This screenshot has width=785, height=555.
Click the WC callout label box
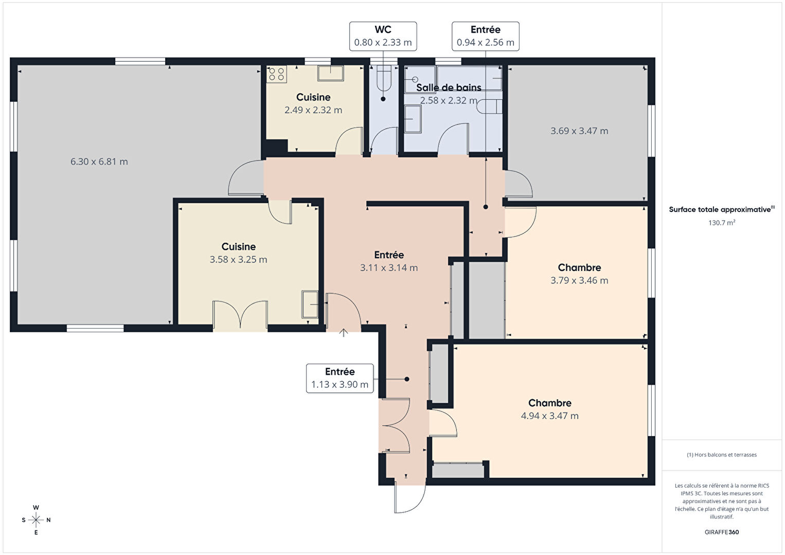click(383, 37)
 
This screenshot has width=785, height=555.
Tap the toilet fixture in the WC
click(383, 78)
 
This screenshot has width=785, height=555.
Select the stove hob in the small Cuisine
click(277, 74)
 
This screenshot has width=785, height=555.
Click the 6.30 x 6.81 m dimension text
click(99, 162)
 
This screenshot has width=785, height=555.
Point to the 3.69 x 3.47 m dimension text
click(579, 131)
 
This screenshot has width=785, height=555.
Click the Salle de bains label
click(449, 87)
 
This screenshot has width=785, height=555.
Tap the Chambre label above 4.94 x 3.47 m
click(550, 403)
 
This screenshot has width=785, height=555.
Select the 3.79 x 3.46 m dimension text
click(579, 280)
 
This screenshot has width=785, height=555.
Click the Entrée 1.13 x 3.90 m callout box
click(340, 379)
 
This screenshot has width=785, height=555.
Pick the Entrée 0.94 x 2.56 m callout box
click(486, 37)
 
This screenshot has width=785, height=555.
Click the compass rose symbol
click(35, 520)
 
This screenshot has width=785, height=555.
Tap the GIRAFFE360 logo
click(722, 532)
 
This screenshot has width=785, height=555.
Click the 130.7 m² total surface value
click(722, 223)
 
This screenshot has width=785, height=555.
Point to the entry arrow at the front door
click(344, 332)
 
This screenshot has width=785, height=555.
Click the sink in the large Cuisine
click(311, 305)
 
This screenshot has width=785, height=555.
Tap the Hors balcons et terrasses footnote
click(722, 455)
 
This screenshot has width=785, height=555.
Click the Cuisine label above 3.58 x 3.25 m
click(239, 247)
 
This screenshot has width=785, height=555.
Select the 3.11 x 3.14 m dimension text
click(389, 267)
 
